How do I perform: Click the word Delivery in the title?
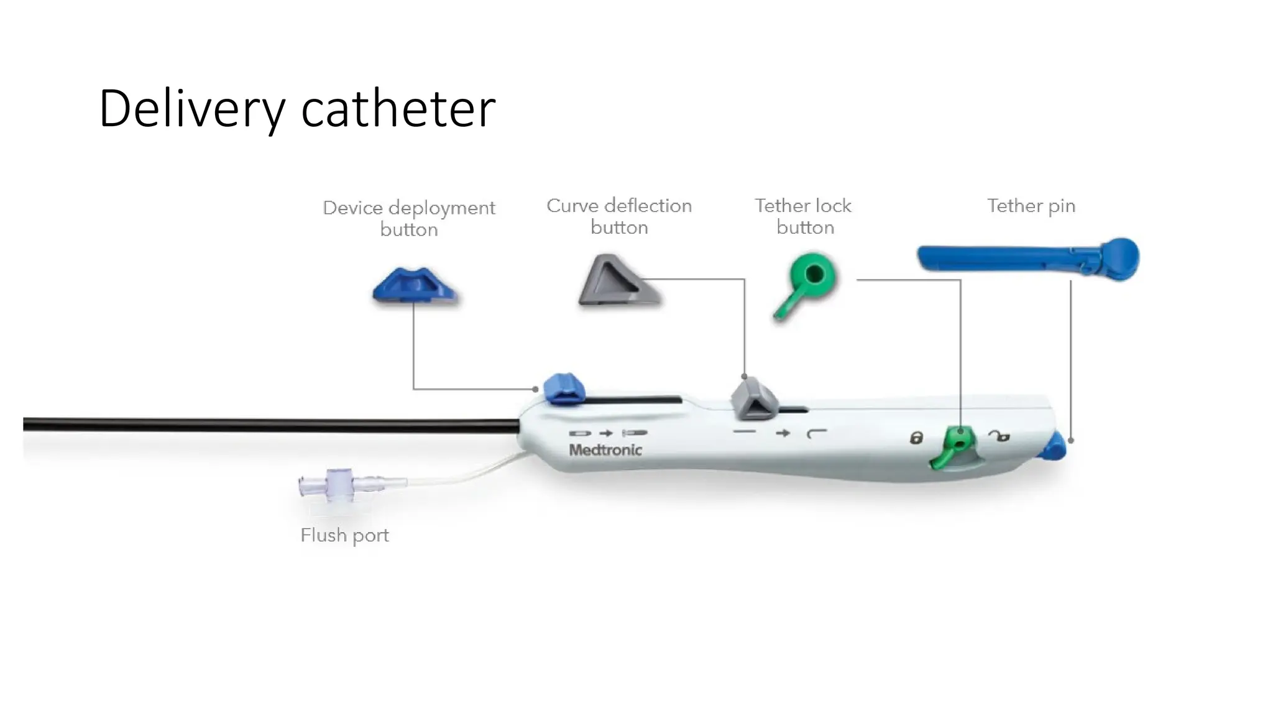191,109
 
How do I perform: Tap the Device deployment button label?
409,218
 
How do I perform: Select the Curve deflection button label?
619,216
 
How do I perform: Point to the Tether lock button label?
804,216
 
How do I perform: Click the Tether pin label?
1031,206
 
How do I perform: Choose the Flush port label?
344,535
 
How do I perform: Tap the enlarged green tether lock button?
809,280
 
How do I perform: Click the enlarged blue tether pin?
1029,258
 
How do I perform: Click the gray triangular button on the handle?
753,400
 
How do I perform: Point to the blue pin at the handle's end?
1054,447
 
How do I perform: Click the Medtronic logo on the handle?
605,450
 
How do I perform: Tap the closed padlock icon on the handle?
916,438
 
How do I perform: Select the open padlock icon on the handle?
1000,437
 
